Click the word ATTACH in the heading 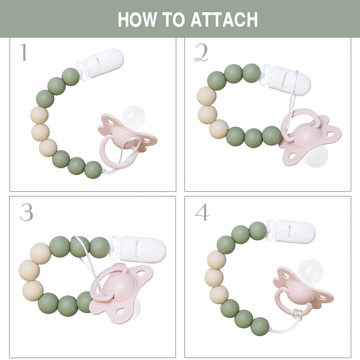click(224, 19)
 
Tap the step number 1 click(24, 53)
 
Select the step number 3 click(26, 213)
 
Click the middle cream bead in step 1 click(40, 132)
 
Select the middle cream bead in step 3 click(29, 270)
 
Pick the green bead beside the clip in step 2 click(251, 73)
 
